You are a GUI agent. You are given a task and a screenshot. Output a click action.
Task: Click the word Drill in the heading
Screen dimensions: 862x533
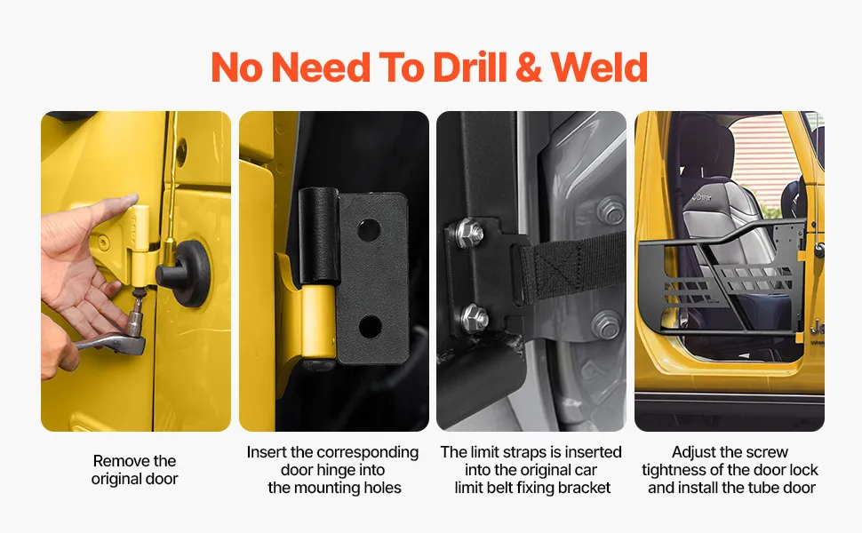tap(469, 68)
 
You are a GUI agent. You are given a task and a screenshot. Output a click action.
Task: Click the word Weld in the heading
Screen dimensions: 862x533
tap(599, 68)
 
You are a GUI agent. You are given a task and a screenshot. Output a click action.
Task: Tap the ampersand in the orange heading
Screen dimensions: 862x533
tap(528, 68)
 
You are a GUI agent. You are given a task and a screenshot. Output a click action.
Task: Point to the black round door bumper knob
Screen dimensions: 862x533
tap(187, 272)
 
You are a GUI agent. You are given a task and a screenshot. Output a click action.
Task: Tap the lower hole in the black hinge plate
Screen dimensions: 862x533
tap(370, 328)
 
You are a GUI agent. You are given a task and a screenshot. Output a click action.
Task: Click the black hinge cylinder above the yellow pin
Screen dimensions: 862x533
tap(318, 236)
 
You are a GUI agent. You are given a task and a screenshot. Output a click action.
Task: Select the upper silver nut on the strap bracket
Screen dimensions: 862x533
tap(469, 232)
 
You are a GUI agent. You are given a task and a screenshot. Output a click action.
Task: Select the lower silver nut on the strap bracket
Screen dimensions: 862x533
tap(475, 318)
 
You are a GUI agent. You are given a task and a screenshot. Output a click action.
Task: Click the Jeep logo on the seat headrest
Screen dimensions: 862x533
tap(701, 196)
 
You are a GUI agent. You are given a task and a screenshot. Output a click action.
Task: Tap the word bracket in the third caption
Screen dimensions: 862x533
tap(585, 488)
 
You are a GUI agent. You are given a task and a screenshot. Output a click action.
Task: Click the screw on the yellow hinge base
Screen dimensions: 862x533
tap(103, 242)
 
